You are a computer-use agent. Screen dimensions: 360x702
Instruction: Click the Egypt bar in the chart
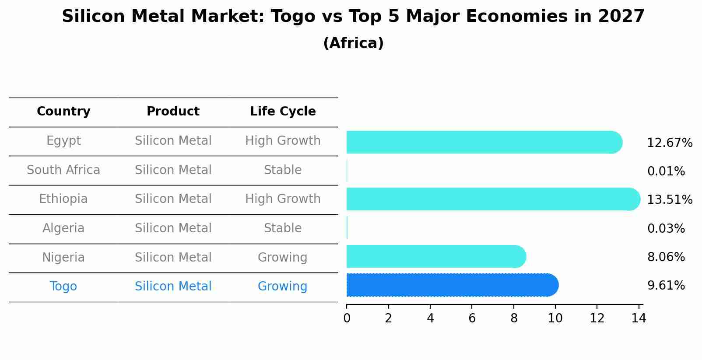click(484, 142)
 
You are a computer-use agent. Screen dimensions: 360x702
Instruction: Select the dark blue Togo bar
click(452, 285)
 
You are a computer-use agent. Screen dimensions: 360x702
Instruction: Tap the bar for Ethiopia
click(493, 199)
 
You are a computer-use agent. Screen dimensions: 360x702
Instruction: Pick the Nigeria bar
click(435, 256)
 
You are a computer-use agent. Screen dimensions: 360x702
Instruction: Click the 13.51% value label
click(670, 200)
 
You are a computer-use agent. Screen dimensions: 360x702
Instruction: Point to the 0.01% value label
click(666, 171)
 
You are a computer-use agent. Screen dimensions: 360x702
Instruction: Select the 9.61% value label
click(666, 286)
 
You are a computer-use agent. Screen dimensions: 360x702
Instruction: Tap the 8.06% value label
click(666, 257)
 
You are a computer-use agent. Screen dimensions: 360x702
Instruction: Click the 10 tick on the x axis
click(555, 318)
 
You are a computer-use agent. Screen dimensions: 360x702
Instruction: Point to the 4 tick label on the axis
click(430, 318)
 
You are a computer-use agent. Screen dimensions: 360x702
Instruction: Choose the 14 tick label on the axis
click(639, 318)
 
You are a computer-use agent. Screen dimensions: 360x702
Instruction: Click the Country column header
click(63, 112)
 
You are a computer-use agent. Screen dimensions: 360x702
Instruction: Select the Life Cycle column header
click(283, 112)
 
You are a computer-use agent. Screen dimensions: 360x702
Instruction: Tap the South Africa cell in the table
click(63, 170)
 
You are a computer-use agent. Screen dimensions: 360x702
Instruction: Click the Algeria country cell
click(63, 228)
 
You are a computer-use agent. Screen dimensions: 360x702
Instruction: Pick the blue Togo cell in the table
click(63, 287)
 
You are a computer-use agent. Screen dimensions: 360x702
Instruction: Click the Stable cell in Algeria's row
click(283, 228)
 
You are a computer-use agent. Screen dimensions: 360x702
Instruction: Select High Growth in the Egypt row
click(283, 141)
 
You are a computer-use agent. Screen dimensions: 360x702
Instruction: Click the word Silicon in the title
click(93, 17)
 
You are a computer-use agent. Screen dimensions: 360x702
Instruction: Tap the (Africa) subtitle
click(353, 43)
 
